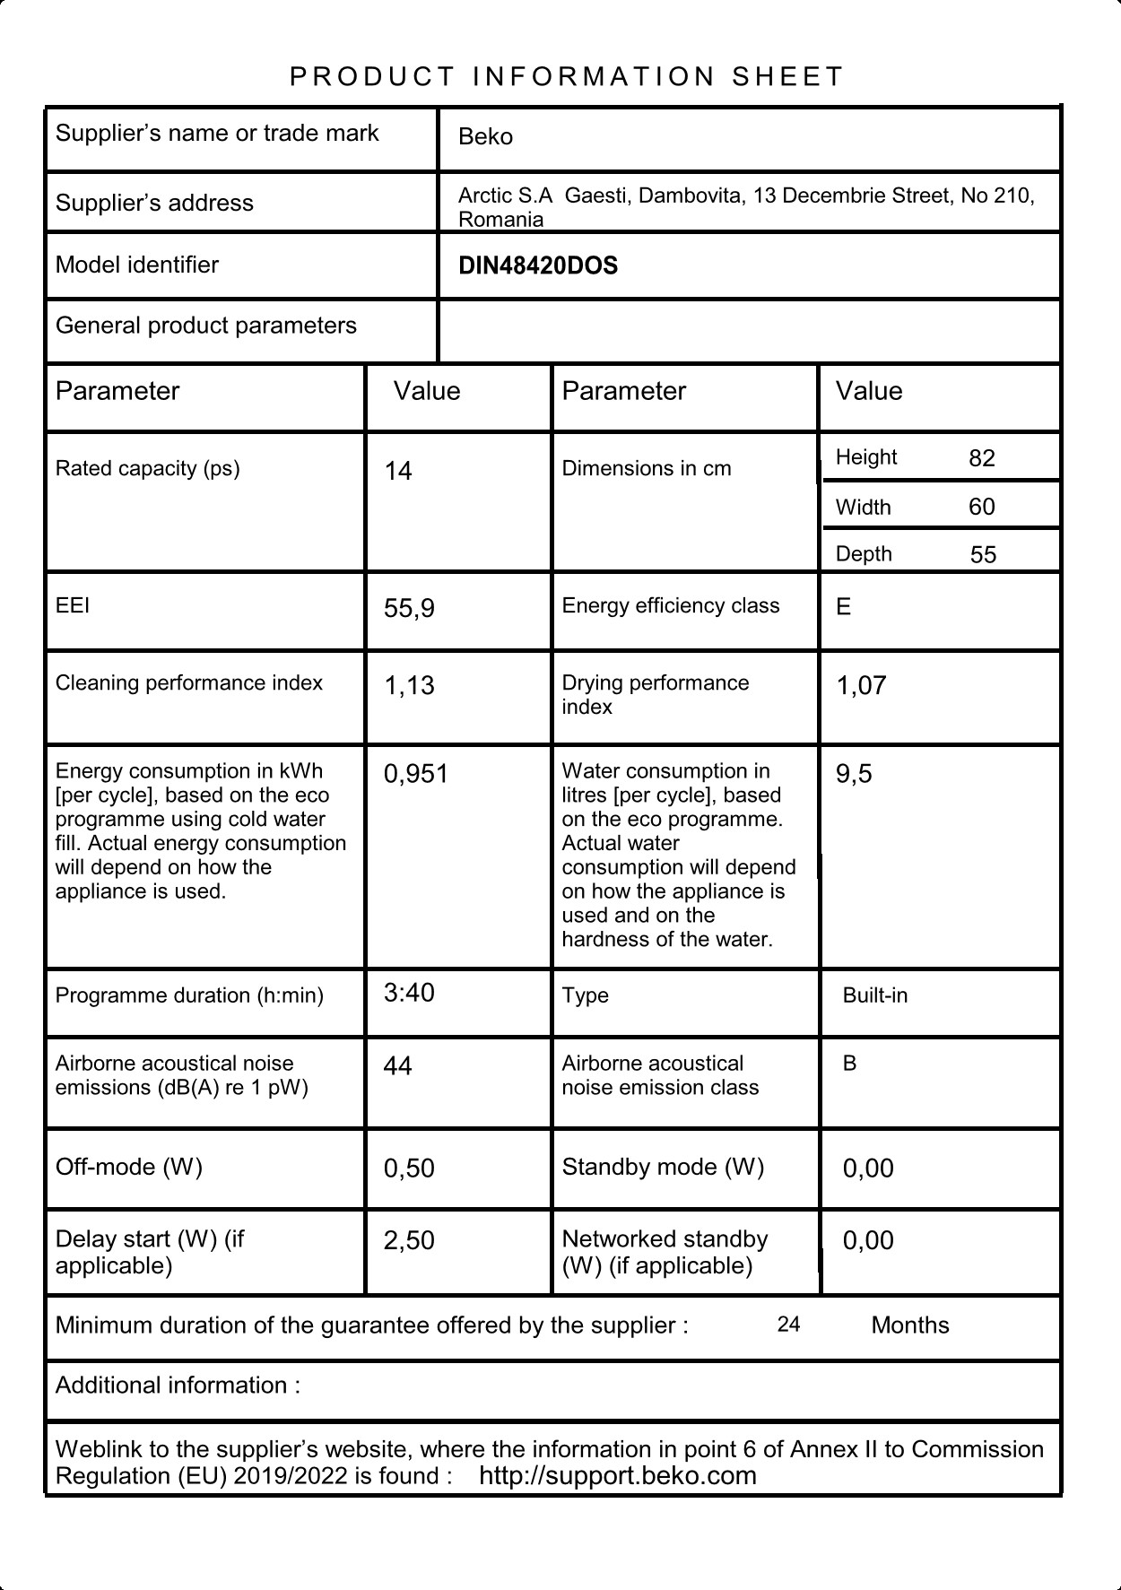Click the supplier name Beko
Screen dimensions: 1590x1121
485,137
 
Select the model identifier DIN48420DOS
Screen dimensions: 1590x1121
537,266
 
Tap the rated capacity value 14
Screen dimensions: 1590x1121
398,472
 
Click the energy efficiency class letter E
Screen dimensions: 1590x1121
843,608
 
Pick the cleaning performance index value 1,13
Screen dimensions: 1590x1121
409,686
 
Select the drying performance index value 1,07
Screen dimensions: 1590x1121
861,686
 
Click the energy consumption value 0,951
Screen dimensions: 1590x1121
415,774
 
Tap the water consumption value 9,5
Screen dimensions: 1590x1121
854,774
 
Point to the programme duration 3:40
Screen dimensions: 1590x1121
409,993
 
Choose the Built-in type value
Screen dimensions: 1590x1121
874,996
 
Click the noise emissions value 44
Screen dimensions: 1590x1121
397,1066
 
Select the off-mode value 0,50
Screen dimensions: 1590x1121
409,1169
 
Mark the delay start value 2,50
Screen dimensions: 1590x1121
409,1241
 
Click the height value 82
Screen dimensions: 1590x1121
982,459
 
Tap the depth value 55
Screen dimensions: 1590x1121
983,555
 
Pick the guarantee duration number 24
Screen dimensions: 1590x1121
788,1325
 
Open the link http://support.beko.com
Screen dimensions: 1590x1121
618,1476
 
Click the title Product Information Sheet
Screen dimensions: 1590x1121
567,77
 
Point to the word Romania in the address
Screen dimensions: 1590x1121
500,221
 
